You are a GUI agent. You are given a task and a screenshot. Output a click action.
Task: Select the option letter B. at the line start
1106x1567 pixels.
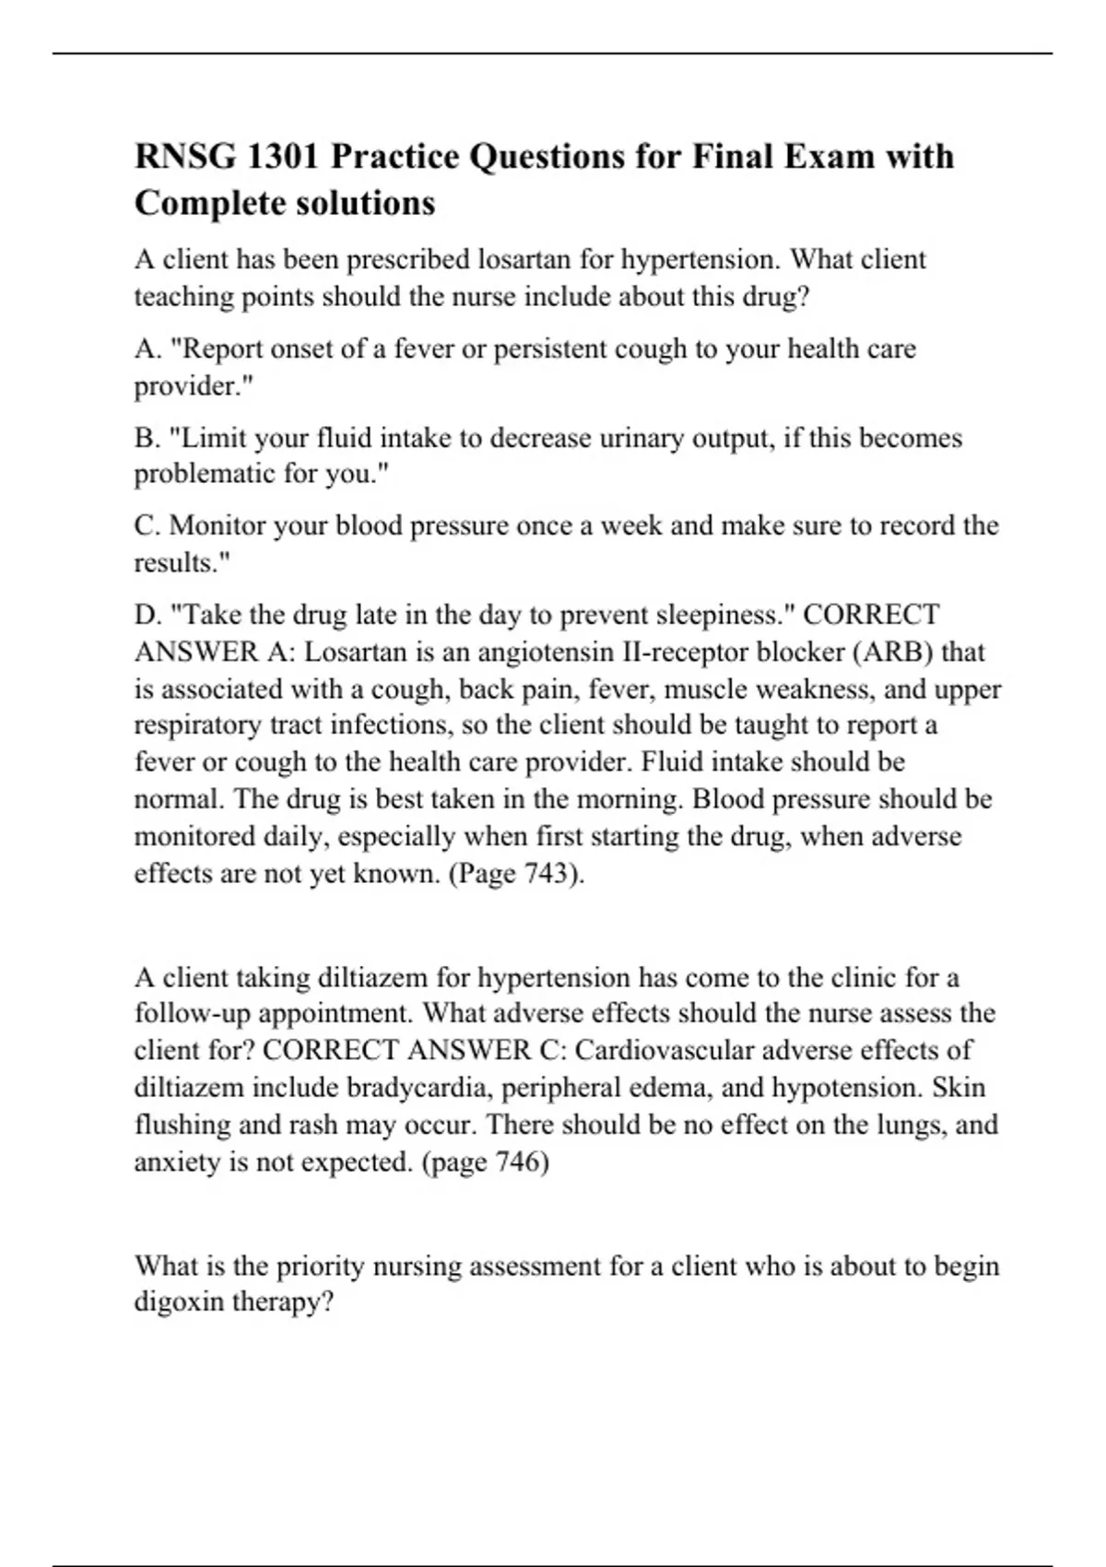pos(147,438)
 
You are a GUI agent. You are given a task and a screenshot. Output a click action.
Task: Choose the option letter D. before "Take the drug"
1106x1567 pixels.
pos(148,615)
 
